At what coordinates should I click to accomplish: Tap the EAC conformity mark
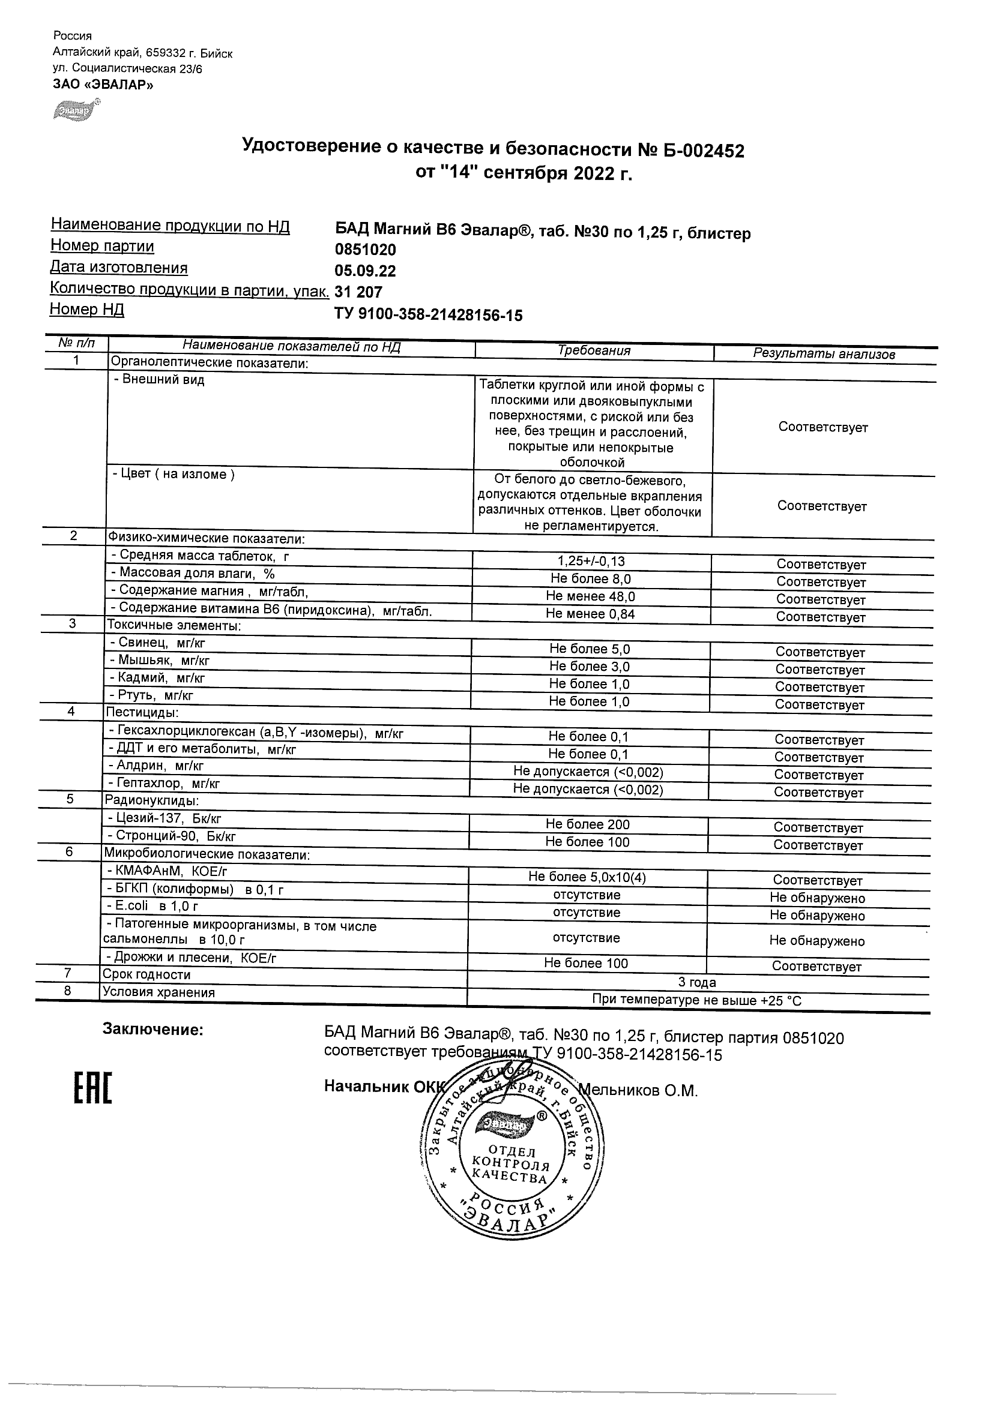(93, 1104)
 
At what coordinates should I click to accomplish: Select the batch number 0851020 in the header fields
(365, 250)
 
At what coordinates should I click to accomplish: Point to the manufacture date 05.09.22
(365, 271)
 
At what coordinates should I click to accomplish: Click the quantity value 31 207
(358, 292)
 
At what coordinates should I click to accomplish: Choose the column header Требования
(594, 350)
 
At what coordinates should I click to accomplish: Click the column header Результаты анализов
(824, 353)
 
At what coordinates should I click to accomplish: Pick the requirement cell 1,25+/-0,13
(591, 561)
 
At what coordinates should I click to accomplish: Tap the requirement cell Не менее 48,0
(590, 596)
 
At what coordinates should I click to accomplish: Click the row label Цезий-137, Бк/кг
(164, 818)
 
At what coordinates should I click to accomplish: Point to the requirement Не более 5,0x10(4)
(587, 877)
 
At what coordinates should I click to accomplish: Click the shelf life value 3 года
(697, 982)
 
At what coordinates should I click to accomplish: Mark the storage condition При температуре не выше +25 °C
(696, 1000)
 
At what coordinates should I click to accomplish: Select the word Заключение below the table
(152, 1030)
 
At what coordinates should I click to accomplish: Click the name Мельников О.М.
(638, 1090)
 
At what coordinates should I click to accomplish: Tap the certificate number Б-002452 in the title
(704, 151)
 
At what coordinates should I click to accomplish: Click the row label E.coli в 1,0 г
(152, 905)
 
